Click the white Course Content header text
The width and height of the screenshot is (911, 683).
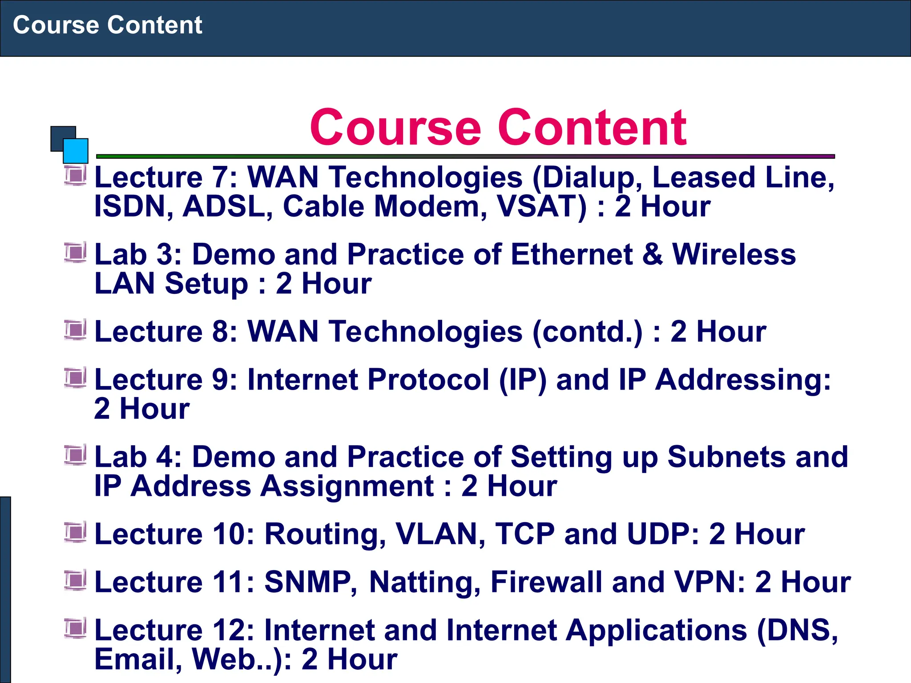click(107, 25)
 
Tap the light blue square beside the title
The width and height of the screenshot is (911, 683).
click(76, 151)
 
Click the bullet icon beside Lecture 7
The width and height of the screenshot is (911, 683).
click(75, 175)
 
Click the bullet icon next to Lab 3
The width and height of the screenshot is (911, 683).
click(75, 253)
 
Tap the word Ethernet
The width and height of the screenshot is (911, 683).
click(572, 254)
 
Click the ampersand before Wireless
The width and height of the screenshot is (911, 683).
click(653, 254)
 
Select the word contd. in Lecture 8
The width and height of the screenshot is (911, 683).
click(587, 332)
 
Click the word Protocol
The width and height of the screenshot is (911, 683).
click(428, 380)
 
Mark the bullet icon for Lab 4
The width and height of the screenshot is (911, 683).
click(75, 455)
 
